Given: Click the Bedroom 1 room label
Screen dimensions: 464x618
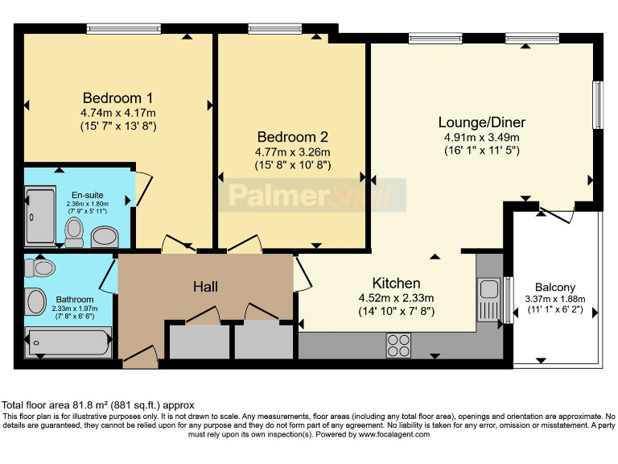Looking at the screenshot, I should pos(117,98).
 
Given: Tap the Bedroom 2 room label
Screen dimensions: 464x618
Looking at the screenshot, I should pos(292,137).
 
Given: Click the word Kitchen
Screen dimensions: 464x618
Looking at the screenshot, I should pos(396,284).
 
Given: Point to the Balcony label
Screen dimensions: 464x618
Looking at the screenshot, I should pos(555,288).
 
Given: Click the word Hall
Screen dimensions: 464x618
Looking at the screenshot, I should pos(205,287).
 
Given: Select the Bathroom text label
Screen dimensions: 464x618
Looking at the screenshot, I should pos(73,300).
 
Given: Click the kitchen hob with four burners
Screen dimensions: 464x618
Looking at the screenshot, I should pos(398,345).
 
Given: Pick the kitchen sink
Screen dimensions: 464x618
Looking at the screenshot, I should pos(488,299).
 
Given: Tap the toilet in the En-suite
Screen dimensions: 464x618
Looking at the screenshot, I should pos(74,232).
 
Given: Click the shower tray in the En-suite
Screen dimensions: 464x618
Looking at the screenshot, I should pos(39,216).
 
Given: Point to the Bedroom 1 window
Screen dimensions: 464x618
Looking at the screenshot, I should pos(117,30).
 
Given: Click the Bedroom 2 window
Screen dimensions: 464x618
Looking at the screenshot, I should pos(275,30).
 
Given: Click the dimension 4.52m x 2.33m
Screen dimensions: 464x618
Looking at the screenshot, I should pos(396,298).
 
